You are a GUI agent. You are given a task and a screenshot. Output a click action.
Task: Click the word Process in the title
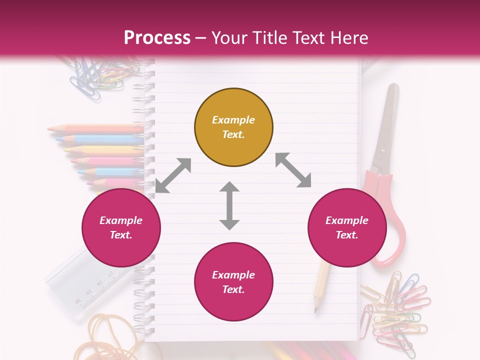point(157,38)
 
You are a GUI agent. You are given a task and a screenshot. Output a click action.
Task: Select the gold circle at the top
point(233,127)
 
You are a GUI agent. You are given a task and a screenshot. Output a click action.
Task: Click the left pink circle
point(121,228)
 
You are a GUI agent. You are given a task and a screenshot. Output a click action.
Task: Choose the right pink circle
point(347,228)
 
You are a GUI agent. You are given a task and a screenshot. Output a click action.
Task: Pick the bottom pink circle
point(233,282)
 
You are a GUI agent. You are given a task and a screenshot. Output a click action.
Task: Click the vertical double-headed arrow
point(229,205)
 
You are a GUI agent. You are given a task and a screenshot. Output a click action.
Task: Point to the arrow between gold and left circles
point(173,175)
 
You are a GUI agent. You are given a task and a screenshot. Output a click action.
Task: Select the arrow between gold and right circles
point(293,170)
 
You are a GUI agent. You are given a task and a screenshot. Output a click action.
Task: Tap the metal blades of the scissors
point(387,125)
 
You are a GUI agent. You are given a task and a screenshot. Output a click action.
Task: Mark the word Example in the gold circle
point(233,120)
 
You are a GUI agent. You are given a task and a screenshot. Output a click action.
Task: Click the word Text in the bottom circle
point(232,289)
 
